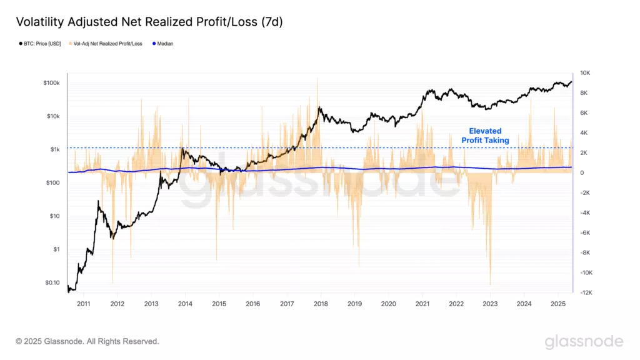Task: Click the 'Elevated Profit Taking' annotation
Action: [x=485, y=136]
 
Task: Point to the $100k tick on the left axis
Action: [x=51, y=83]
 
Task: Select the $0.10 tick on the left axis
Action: [x=52, y=282]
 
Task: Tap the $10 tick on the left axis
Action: [x=54, y=216]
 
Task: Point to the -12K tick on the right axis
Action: [x=586, y=292]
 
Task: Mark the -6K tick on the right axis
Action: [x=585, y=232]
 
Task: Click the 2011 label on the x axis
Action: [x=84, y=304]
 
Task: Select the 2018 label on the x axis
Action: [x=321, y=304]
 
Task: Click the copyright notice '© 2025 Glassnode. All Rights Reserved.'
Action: [x=87, y=341]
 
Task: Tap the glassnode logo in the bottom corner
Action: [x=584, y=341]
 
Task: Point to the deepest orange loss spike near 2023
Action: [x=491, y=283]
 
